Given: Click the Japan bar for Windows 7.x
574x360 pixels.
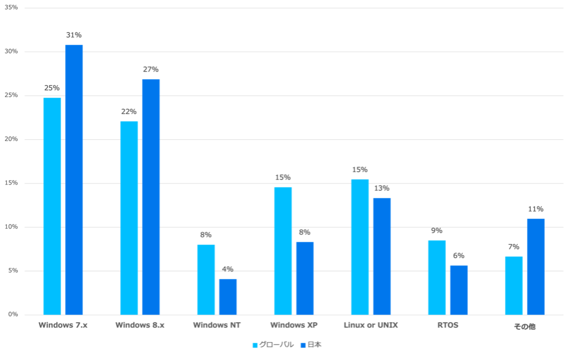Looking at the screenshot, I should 75,180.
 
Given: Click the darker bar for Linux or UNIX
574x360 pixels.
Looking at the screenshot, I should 382,256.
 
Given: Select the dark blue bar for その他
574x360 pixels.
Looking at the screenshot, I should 536,266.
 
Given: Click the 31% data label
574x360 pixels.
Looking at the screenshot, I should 74,35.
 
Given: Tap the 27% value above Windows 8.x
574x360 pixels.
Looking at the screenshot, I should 151,70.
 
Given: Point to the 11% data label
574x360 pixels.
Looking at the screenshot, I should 536,209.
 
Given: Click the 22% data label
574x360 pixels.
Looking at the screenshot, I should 129,112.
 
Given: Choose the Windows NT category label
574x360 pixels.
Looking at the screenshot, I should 217,326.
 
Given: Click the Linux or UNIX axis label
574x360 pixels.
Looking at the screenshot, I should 371,326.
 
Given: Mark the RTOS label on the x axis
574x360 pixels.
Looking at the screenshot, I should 447,326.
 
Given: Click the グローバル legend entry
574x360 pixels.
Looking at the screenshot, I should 274,345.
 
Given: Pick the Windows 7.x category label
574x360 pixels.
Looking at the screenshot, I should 63,326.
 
